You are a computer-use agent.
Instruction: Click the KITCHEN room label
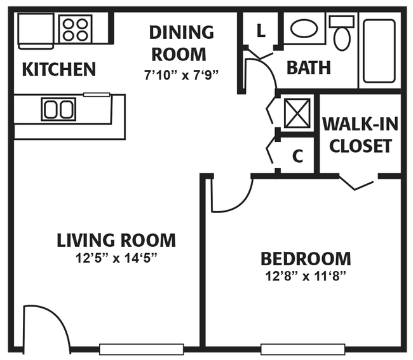pos(58,69)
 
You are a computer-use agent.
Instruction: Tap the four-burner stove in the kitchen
pos(76,29)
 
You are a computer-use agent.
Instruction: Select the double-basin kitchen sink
pos(58,109)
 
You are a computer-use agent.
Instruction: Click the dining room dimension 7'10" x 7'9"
pos(181,74)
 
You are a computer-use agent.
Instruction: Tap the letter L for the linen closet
pos(261,30)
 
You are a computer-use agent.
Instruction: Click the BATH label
pos(308,67)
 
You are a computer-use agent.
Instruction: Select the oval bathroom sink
pos(304,29)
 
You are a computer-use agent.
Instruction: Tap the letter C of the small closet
pos(297,156)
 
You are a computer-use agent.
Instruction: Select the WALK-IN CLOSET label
pos(360,135)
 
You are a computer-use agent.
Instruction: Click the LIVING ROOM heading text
pos(116,240)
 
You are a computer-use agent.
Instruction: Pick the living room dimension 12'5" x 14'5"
pos(116,258)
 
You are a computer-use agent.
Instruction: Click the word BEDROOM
pos(306,259)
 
